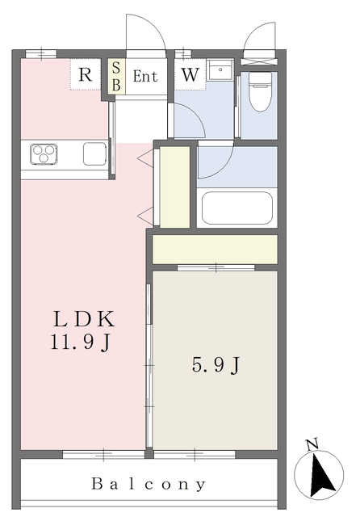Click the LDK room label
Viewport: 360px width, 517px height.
point(80,318)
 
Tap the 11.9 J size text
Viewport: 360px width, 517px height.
point(80,343)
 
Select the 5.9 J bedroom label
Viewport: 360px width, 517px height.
point(216,365)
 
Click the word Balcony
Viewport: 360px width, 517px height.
point(149,485)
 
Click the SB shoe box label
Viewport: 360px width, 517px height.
point(116,77)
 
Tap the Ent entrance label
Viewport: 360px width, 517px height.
point(145,78)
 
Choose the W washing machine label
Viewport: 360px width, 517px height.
point(190,75)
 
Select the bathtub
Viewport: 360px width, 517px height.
point(237,208)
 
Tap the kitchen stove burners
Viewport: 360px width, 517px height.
point(45,152)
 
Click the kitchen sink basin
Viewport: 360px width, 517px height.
point(94,153)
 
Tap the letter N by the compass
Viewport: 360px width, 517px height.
point(312,443)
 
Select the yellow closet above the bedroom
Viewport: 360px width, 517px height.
point(215,249)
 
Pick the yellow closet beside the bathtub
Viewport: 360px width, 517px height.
point(174,187)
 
